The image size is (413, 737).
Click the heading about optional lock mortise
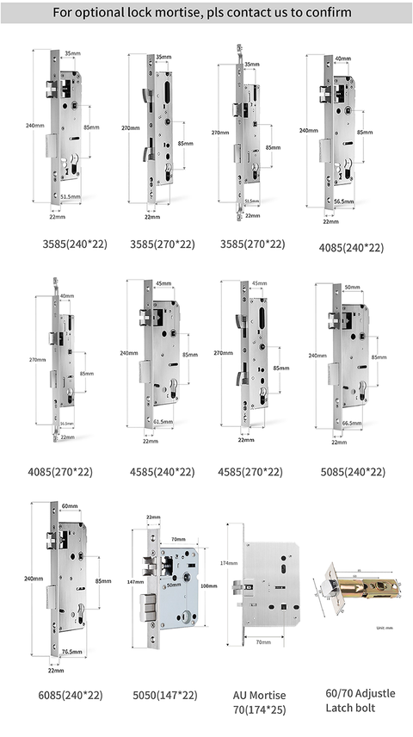206,13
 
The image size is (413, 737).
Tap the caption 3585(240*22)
76,245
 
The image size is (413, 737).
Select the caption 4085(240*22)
350,247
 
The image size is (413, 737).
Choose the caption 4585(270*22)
250,472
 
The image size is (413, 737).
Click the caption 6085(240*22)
61,695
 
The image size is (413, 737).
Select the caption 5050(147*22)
161,695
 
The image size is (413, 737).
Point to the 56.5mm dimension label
344,201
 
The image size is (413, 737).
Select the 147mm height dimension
133,582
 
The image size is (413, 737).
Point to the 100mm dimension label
208,585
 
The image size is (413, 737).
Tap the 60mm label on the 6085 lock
71,507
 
